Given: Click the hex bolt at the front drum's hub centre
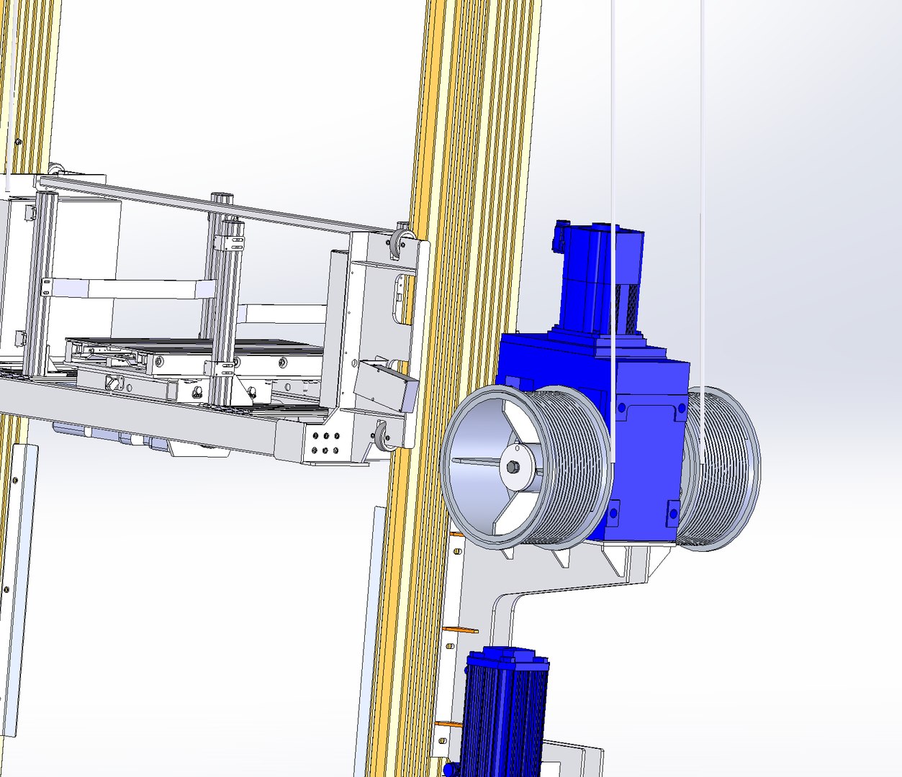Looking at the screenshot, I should point(512,467).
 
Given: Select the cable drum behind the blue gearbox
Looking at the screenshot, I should point(720,468).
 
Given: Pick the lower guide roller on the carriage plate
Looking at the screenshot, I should point(382,437).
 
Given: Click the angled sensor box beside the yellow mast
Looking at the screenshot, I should point(386,384).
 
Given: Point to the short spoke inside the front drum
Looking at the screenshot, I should point(475,461).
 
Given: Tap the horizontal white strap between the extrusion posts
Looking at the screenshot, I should point(122,288).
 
